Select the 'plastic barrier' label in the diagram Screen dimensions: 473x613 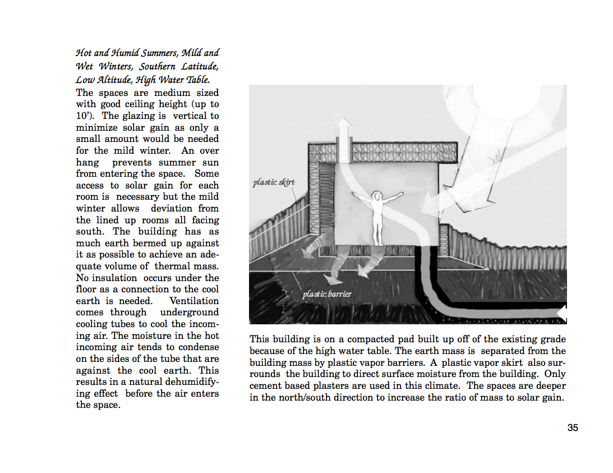[327, 294]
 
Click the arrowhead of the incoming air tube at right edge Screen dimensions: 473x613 [562, 314]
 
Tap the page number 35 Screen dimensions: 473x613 [573, 428]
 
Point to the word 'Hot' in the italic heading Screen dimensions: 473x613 [84, 53]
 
